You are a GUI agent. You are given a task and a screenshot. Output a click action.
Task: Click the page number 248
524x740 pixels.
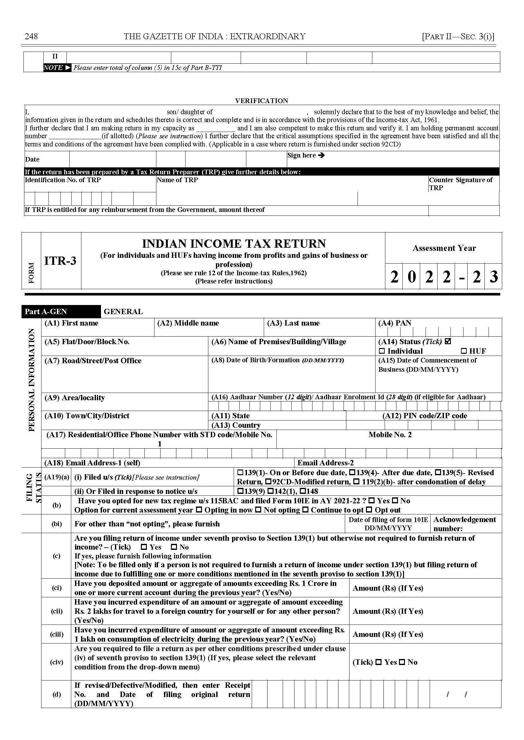point(31,36)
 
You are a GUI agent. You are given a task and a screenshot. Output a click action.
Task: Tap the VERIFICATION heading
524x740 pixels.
point(261,101)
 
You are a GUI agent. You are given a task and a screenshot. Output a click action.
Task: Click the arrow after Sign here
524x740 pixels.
point(321,155)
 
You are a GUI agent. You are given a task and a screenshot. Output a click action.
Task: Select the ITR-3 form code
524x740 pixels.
point(60,260)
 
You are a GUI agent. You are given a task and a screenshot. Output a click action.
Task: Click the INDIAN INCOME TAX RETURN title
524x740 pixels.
point(234,243)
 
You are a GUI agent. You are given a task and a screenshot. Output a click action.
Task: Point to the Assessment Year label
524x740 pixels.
point(444,248)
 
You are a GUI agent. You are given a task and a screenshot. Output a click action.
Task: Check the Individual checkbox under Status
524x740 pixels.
point(382,351)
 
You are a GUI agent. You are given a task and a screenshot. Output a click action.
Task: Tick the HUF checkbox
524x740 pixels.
point(464,351)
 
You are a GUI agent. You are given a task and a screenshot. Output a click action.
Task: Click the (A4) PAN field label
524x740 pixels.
point(395,323)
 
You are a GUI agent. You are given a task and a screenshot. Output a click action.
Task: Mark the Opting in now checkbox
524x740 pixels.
point(199,510)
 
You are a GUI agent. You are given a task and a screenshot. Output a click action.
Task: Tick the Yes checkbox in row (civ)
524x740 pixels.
point(379,662)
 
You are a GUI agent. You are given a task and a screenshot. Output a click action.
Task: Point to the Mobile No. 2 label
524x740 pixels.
point(390,435)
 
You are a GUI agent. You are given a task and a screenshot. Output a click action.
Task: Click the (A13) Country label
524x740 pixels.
point(236,425)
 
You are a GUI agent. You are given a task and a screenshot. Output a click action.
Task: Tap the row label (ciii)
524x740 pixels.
point(56,634)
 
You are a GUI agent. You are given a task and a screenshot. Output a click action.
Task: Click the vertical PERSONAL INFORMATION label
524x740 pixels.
point(31,380)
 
